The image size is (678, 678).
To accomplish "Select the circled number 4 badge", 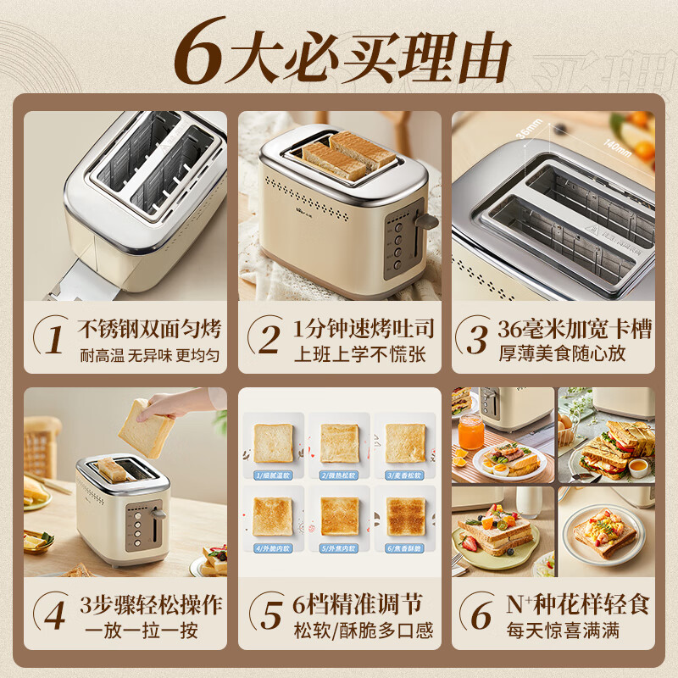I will pyautogui.click(x=53, y=615).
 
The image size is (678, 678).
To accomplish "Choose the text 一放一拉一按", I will pyautogui.click(x=150, y=631).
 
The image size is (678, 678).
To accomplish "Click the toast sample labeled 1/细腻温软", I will pyautogui.click(x=274, y=442).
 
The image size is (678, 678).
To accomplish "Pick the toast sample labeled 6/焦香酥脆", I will pyautogui.click(x=406, y=516).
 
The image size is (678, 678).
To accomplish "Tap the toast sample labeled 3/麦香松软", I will pyautogui.click(x=406, y=442).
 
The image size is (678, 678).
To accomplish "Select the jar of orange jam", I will pyautogui.click(x=471, y=431).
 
